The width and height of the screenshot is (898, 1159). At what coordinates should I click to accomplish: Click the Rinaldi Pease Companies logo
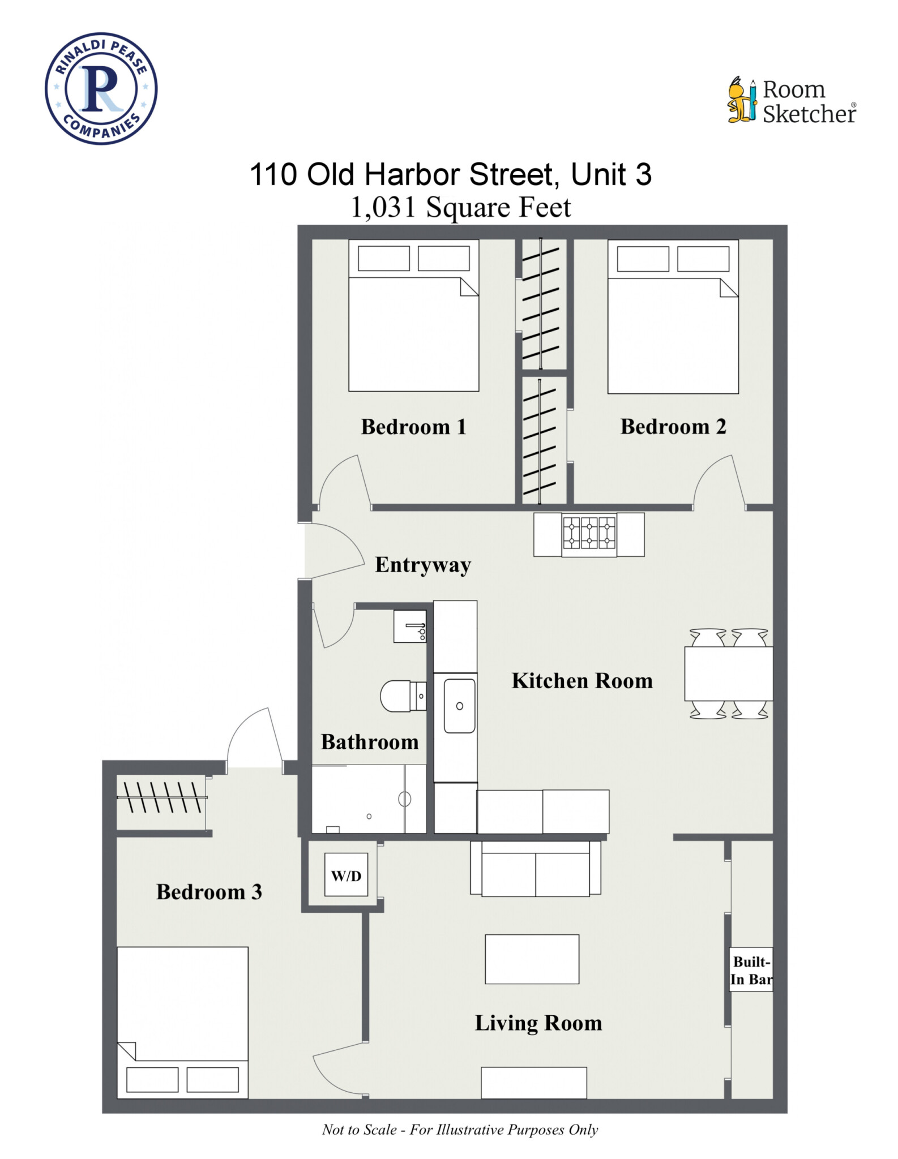(101, 89)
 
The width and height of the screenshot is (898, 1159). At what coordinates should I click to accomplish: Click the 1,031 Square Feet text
(460, 207)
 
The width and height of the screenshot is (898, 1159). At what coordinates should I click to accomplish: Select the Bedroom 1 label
(413, 427)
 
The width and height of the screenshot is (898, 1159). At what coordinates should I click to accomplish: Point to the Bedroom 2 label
(673, 427)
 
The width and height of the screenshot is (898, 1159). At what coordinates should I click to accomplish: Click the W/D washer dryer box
(346, 875)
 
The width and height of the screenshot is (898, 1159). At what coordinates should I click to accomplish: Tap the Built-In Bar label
(751, 971)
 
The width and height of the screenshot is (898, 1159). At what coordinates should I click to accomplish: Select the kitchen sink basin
(459, 706)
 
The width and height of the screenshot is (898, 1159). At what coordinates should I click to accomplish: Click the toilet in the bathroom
(401, 696)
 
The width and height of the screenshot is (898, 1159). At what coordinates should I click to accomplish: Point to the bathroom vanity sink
(410, 626)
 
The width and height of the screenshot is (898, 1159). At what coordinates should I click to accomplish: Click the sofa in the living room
(535, 869)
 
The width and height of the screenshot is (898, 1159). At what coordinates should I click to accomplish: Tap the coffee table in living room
(532, 959)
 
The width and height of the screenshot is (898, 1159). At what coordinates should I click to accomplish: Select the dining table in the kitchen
(728, 674)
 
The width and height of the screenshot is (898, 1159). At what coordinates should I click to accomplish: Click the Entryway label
(422, 565)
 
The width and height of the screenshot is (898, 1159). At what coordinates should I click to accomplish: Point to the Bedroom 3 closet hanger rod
(161, 797)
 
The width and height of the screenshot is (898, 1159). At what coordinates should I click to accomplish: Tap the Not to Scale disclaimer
(460, 1130)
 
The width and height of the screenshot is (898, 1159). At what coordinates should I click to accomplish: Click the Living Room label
(538, 1023)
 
